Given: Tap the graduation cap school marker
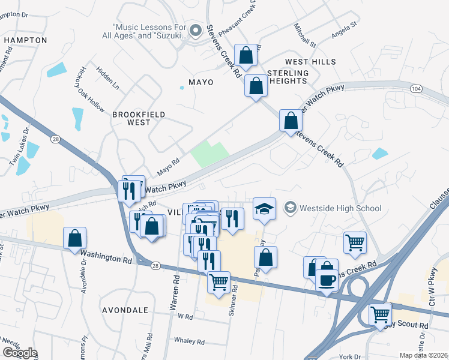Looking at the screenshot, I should [264, 209].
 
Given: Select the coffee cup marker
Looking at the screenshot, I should [327, 280].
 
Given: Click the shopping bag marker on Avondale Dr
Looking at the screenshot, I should [75, 238].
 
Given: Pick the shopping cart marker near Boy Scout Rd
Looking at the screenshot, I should [381, 314].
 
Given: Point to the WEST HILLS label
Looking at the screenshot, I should [310, 62].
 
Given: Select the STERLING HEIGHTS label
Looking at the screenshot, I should [288, 77].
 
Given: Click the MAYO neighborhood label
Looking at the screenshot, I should [200, 82].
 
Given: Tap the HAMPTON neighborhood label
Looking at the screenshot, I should [25, 40].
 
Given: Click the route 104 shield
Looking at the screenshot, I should [416, 88].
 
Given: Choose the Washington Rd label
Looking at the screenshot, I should [107, 257].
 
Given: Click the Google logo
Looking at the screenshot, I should [20, 352].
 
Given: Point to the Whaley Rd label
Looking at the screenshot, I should [189, 341].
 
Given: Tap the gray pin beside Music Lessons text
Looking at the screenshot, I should [194, 30].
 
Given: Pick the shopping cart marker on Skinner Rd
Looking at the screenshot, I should [218, 281].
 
